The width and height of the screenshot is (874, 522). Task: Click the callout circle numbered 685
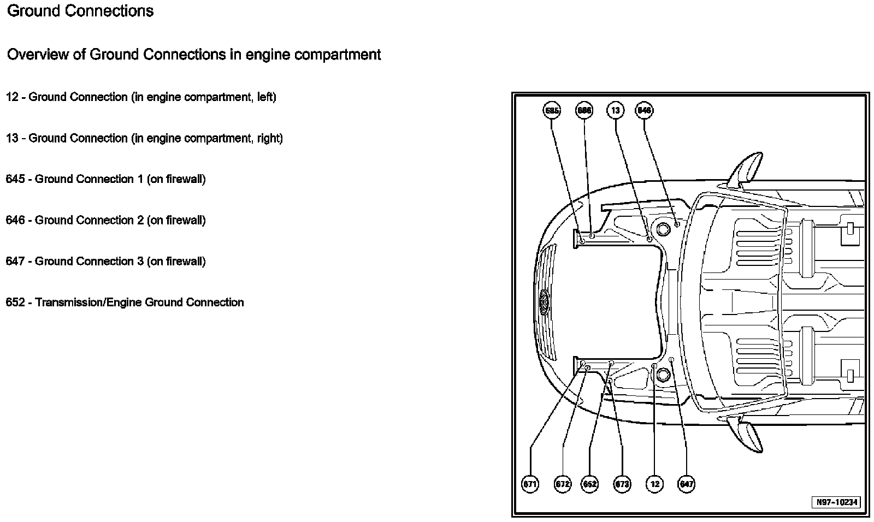click(552, 110)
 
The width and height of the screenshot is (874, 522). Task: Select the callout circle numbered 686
click(584, 110)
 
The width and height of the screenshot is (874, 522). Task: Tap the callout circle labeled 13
click(616, 110)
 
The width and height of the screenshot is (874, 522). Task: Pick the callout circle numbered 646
click(645, 110)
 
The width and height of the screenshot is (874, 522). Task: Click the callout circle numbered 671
click(530, 484)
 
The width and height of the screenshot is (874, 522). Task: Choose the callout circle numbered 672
click(563, 484)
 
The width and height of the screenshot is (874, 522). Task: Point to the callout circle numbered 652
click(590, 484)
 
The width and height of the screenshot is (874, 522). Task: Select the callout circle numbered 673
click(622, 484)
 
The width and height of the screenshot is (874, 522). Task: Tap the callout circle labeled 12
click(654, 484)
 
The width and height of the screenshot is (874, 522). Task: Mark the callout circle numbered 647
click(686, 484)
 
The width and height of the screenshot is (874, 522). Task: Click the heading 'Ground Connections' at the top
click(80, 11)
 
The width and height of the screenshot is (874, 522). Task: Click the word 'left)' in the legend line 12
click(267, 97)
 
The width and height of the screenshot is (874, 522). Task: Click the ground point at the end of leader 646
click(677, 224)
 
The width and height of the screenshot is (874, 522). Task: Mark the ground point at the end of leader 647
click(671, 359)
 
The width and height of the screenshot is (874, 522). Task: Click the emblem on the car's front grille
click(545, 301)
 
